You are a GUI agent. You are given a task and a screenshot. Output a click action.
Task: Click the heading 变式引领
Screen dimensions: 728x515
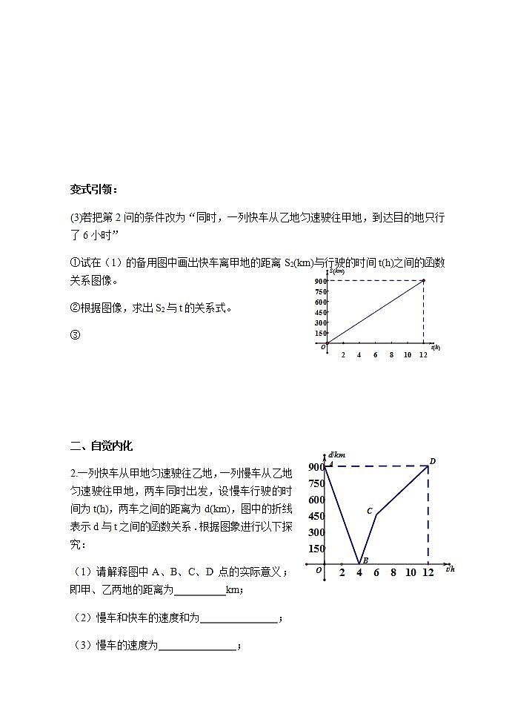tap(93, 190)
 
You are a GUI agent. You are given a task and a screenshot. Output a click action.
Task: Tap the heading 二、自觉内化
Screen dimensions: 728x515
tap(101, 446)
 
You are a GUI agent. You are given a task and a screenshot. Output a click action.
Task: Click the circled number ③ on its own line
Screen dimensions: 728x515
tap(75, 334)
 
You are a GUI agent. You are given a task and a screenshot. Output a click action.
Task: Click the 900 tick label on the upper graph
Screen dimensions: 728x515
tap(319, 281)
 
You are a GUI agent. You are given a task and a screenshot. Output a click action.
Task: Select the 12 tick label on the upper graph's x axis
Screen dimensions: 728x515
tap(423, 355)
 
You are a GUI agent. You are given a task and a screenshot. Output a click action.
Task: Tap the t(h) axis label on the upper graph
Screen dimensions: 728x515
tap(435, 347)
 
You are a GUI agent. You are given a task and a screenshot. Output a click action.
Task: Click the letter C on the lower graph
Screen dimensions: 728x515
tap(369, 511)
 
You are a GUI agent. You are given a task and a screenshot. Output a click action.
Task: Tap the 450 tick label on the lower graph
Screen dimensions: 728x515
tap(316, 516)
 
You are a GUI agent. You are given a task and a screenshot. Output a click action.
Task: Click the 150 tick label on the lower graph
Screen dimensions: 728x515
tap(316, 549)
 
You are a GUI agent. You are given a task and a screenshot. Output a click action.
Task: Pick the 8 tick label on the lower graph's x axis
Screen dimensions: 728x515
tap(393, 572)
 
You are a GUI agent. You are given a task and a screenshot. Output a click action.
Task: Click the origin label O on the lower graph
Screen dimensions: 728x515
tap(318, 570)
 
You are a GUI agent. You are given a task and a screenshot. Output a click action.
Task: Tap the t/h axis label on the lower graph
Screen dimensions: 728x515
tap(450, 569)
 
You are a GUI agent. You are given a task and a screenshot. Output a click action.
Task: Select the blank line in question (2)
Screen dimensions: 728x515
tap(239, 619)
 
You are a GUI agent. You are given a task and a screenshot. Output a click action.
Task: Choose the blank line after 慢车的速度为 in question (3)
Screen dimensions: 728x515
tap(197, 646)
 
